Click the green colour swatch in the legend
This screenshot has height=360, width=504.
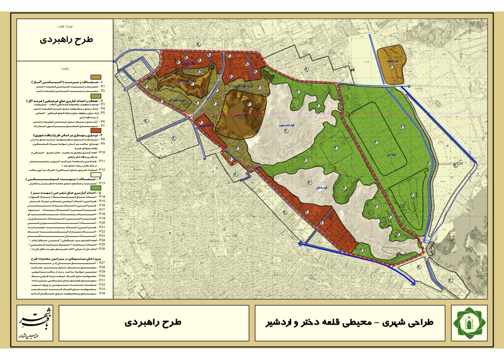click(x=96, y=188)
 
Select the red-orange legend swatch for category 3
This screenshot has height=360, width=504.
click(x=96, y=131)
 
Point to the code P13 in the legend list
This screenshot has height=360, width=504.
click(x=102, y=183)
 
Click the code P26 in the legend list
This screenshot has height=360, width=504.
click(x=102, y=249)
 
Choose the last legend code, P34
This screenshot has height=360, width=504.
click(x=102, y=293)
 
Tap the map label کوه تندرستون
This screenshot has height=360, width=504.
click(x=287, y=125)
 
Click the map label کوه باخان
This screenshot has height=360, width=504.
click(x=321, y=188)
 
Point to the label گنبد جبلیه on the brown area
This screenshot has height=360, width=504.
click(x=392, y=61)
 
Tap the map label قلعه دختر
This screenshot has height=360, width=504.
click(x=184, y=80)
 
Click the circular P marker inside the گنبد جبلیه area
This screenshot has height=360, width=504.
click(x=391, y=67)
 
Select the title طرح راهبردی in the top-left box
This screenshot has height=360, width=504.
click(x=66, y=40)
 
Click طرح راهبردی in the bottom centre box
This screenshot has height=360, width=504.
click(x=153, y=322)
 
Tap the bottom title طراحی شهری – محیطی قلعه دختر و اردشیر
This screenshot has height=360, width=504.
click(x=349, y=323)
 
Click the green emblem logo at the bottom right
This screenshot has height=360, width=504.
click(x=469, y=323)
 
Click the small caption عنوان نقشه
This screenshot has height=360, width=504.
click(x=65, y=27)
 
